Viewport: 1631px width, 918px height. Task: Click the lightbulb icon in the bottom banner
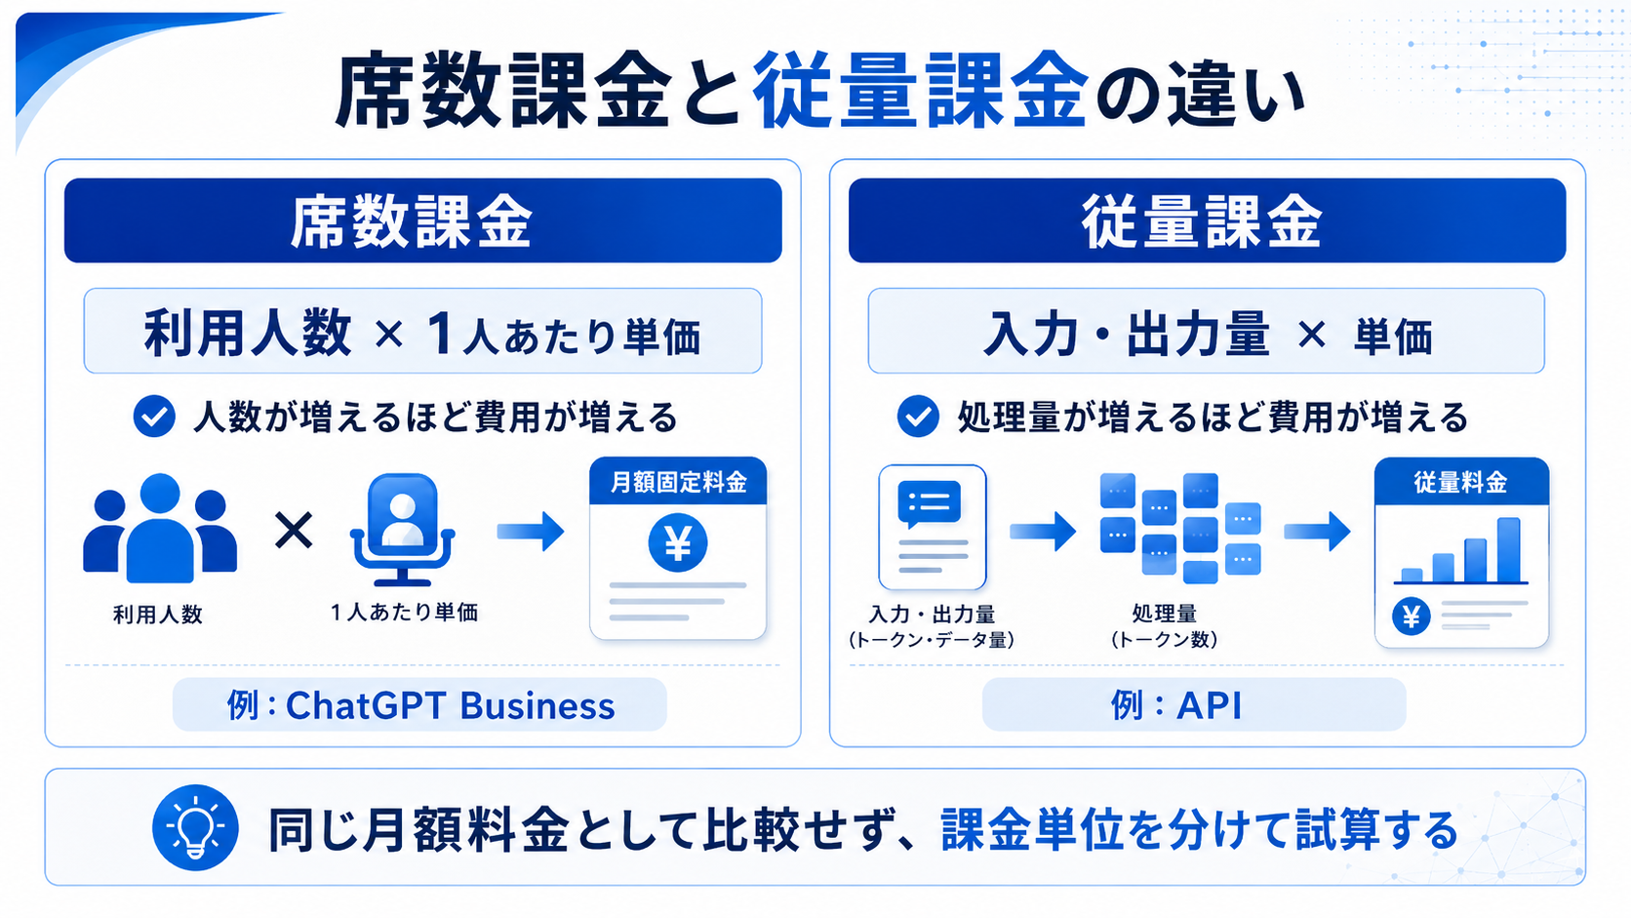point(195,827)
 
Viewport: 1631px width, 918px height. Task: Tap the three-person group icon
point(160,529)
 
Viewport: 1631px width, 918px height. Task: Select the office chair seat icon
point(403,530)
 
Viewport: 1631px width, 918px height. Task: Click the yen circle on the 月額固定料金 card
point(677,542)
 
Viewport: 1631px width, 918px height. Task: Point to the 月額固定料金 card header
point(678,481)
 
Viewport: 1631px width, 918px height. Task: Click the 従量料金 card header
point(1461,481)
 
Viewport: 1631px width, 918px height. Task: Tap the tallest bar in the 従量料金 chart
point(1509,549)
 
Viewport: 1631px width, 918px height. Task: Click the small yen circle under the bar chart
point(1412,617)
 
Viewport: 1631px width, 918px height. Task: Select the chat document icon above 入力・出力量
point(933,528)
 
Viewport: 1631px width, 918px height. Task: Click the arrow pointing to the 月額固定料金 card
point(531,531)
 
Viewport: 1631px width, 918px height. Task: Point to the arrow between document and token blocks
point(1043,531)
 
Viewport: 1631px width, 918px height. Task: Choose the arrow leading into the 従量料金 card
point(1317,531)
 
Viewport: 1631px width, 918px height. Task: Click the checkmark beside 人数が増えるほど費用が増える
point(154,417)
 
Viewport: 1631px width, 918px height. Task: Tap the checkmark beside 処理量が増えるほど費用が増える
point(917,417)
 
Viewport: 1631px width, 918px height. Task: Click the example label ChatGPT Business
point(450,705)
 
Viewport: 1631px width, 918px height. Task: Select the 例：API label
point(1175,704)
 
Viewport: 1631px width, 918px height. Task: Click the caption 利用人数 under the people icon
point(157,615)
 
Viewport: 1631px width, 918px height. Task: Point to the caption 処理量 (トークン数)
point(1165,626)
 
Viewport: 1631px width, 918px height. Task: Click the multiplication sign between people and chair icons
point(294,530)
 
